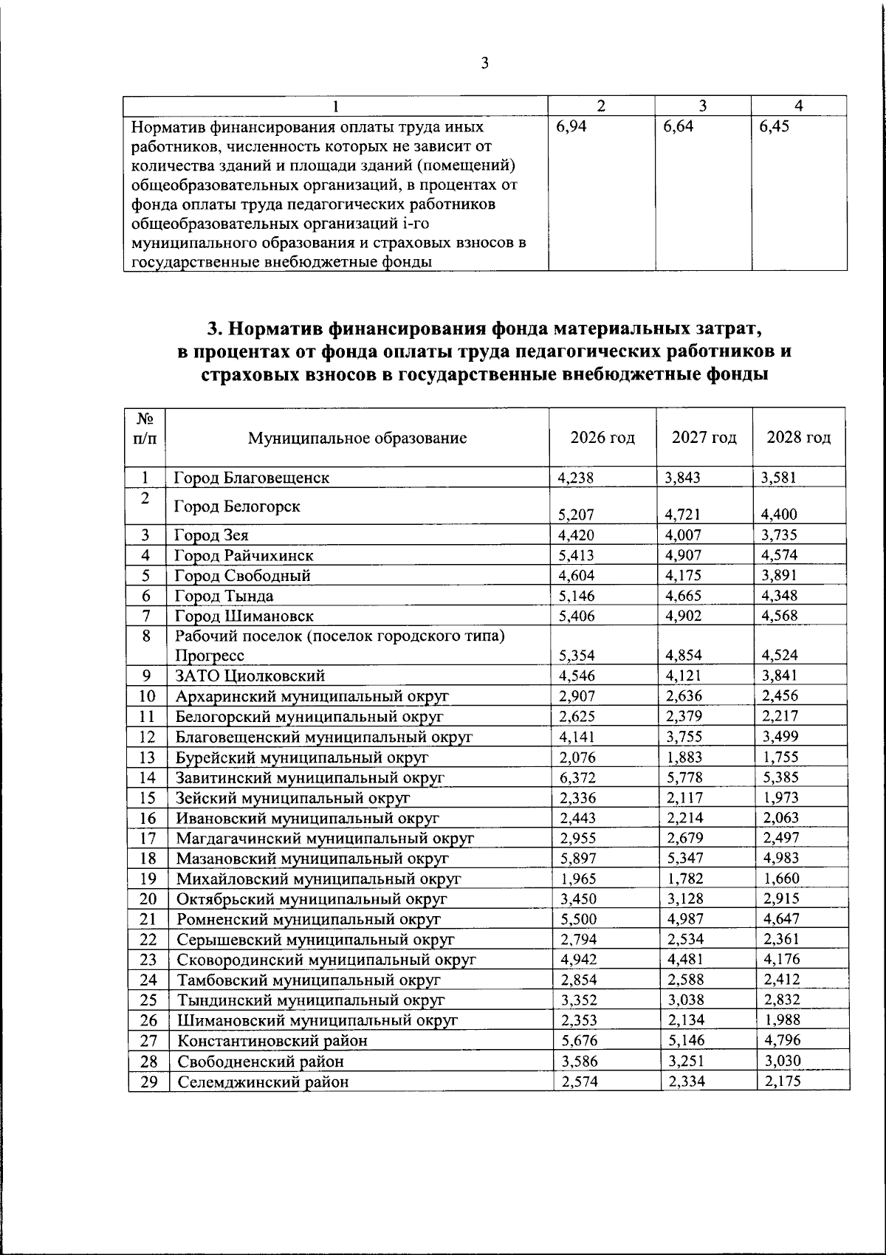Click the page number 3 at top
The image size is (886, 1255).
click(x=484, y=63)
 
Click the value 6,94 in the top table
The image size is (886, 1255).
click(x=571, y=126)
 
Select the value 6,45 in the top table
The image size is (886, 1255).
click(x=775, y=126)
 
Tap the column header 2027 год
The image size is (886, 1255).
click(x=704, y=438)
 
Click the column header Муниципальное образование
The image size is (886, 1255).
click(x=357, y=438)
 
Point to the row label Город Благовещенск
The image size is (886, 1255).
click(x=252, y=478)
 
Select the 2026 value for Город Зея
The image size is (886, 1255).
click(x=577, y=535)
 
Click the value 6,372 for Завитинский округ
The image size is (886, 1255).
click(x=577, y=777)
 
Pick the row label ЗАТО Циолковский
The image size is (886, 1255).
click(x=250, y=675)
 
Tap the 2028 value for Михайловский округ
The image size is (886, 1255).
click(x=782, y=878)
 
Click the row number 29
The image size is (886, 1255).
click(x=148, y=1082)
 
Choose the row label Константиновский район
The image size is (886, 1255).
click(x=272, y=1041)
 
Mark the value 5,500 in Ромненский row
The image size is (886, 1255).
click(x=578, y=919)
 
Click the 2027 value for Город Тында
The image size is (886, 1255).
click(x=683, y=596)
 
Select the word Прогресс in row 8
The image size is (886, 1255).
click(x=210, y=656)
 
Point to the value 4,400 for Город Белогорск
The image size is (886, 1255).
click(x=779, y=515)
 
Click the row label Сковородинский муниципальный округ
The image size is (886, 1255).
click(x=326, y=960)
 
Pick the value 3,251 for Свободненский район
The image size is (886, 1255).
click(x=684, y=1062)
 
